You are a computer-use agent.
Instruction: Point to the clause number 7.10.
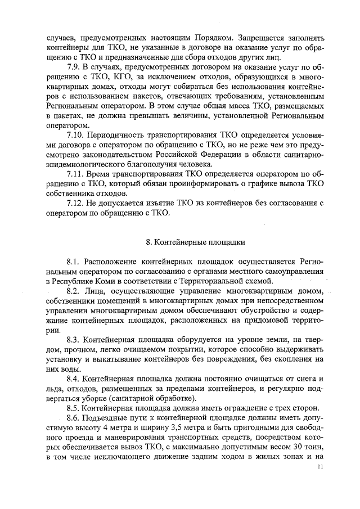click(75, 136)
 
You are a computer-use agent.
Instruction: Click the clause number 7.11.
click(75, 174)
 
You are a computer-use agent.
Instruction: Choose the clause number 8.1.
click(73, 262)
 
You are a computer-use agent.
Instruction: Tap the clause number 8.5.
click(73, 408)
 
